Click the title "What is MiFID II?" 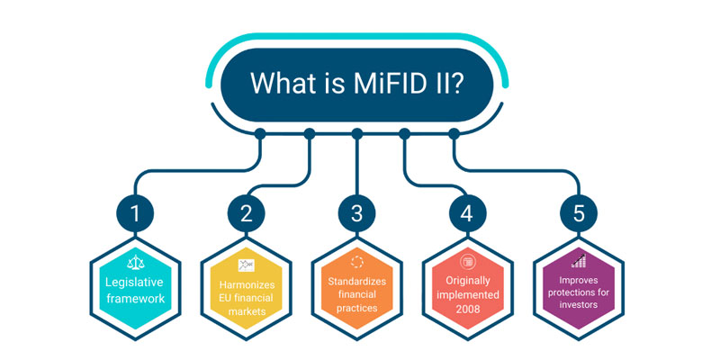tap(356, 84)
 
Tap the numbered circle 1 tap(135, 213)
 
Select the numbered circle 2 tap(247, 213)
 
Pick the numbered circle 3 tap(356, 213)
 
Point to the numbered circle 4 tap(468, 213)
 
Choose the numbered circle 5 tap(579, 213)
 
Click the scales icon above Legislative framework tap(136, 262)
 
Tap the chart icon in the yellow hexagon tap(247, 265)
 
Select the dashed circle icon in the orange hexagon tap(356, 262)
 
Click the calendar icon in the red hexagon tap(468, 262)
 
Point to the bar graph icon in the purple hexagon tap(579, 260)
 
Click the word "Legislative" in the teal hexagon tap(134, 283)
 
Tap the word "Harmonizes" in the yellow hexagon tap(247, 284)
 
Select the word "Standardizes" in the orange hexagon tap(356, 281)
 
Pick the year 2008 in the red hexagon tap(468, 309)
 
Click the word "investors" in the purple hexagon tap(579, 304)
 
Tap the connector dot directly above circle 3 tap(357, 134)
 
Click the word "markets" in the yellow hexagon tap(247, 311)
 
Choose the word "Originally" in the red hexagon tap(468, 280)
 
